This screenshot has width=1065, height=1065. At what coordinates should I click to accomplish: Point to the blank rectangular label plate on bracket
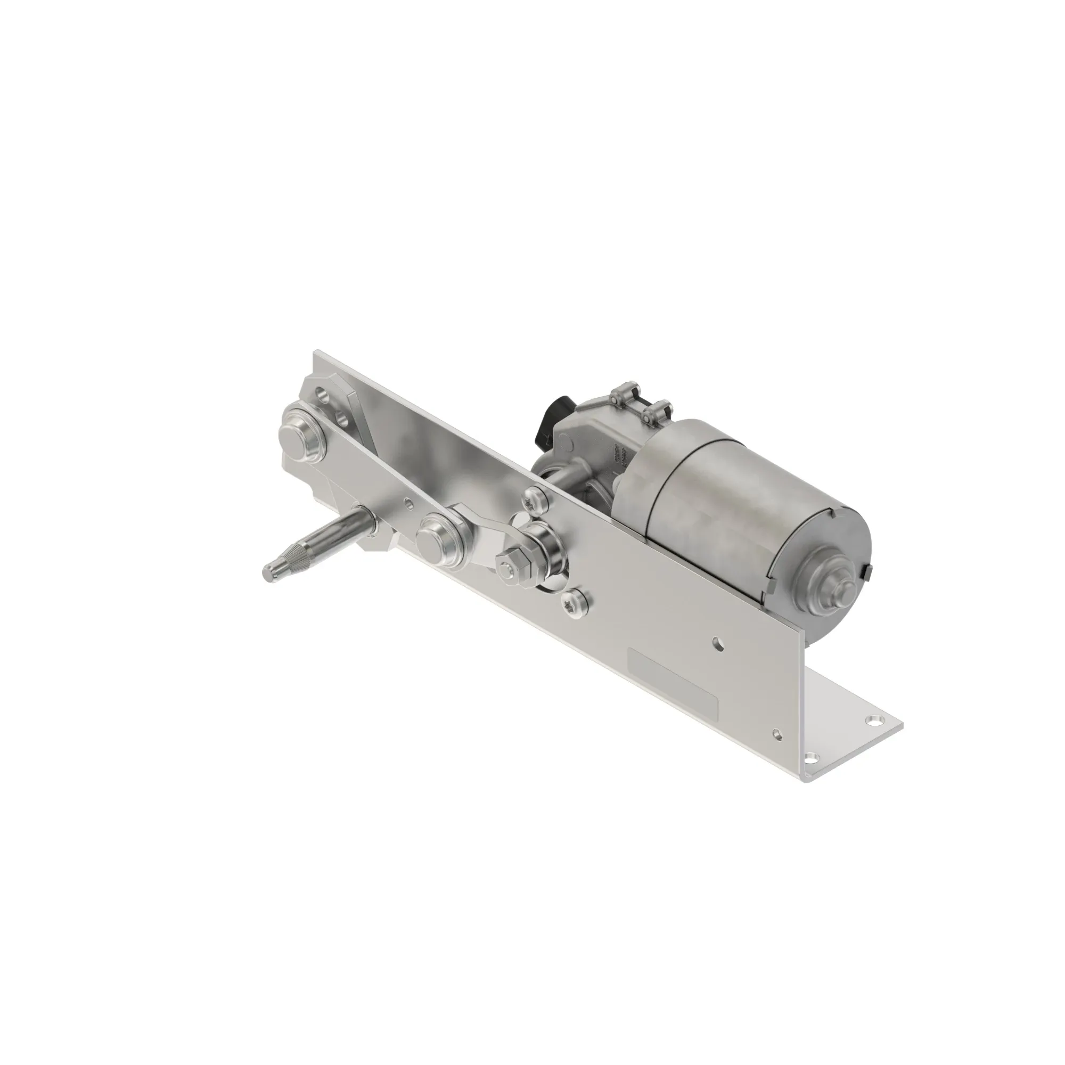[673, 683]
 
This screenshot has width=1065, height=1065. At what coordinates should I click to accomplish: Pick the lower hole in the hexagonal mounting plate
[345, 420]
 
